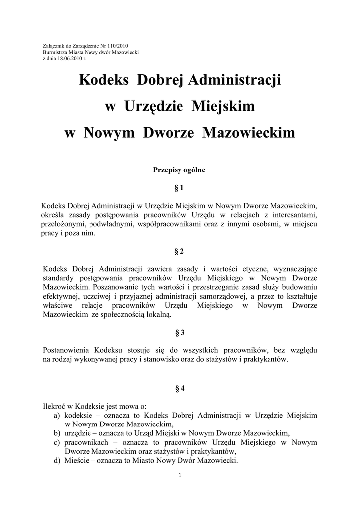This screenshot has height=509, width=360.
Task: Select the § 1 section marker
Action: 180,188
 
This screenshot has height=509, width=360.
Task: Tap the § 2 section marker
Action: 180,252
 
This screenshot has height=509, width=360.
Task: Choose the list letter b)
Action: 57,433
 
